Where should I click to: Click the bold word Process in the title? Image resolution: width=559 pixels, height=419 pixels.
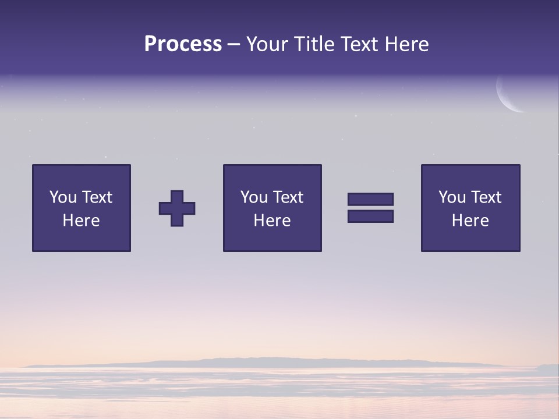[183, 44]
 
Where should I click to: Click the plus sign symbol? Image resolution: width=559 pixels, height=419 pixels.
[177, 208]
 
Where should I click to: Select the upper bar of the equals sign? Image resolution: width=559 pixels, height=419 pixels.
[370, 199]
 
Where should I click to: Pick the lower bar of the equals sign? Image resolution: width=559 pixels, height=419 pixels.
[370, 216]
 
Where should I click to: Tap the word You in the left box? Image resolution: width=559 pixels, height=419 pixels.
[63, 197]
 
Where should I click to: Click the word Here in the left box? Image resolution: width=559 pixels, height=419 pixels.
[81, 221]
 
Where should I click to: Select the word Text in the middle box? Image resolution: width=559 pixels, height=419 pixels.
[288, 197]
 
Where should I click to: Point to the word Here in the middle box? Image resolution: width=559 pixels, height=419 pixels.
[272, 221]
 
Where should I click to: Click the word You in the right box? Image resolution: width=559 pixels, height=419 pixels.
[452, 197]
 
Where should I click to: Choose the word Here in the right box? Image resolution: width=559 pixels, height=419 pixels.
[470, 221]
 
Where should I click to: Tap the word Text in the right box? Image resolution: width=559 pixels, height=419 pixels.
[486, 197]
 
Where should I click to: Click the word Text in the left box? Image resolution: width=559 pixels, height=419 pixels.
[97, 197]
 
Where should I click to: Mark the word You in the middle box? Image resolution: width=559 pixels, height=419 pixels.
[254, 197]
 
